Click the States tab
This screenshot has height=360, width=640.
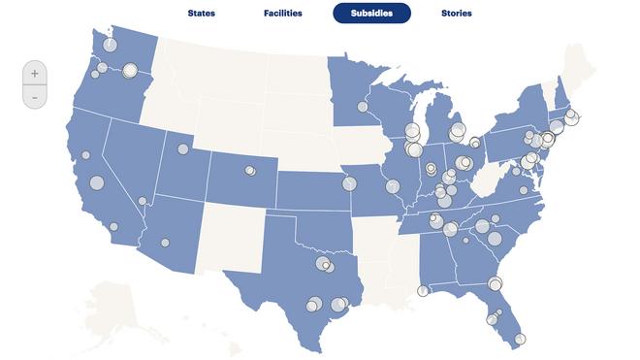[201, 14]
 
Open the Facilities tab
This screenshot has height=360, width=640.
[282, 14]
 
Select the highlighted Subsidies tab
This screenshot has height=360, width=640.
[371, 14]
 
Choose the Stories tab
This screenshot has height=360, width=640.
[456, 14]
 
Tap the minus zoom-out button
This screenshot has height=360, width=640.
[34, 97]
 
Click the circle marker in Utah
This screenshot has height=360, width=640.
[181, 149]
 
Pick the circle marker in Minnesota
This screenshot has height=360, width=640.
[363, 107]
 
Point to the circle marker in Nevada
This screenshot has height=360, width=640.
[143, 201]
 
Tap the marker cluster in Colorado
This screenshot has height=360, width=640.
[250, 171]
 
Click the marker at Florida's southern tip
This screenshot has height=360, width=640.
[520, 339]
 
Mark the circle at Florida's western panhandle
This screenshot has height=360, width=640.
[423, 290]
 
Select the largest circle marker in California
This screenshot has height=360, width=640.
[96, 182]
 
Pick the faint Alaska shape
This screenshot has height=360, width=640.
[126, 301]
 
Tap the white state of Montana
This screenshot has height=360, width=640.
[208, 73]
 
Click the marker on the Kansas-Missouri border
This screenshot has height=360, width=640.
[348, 183]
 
